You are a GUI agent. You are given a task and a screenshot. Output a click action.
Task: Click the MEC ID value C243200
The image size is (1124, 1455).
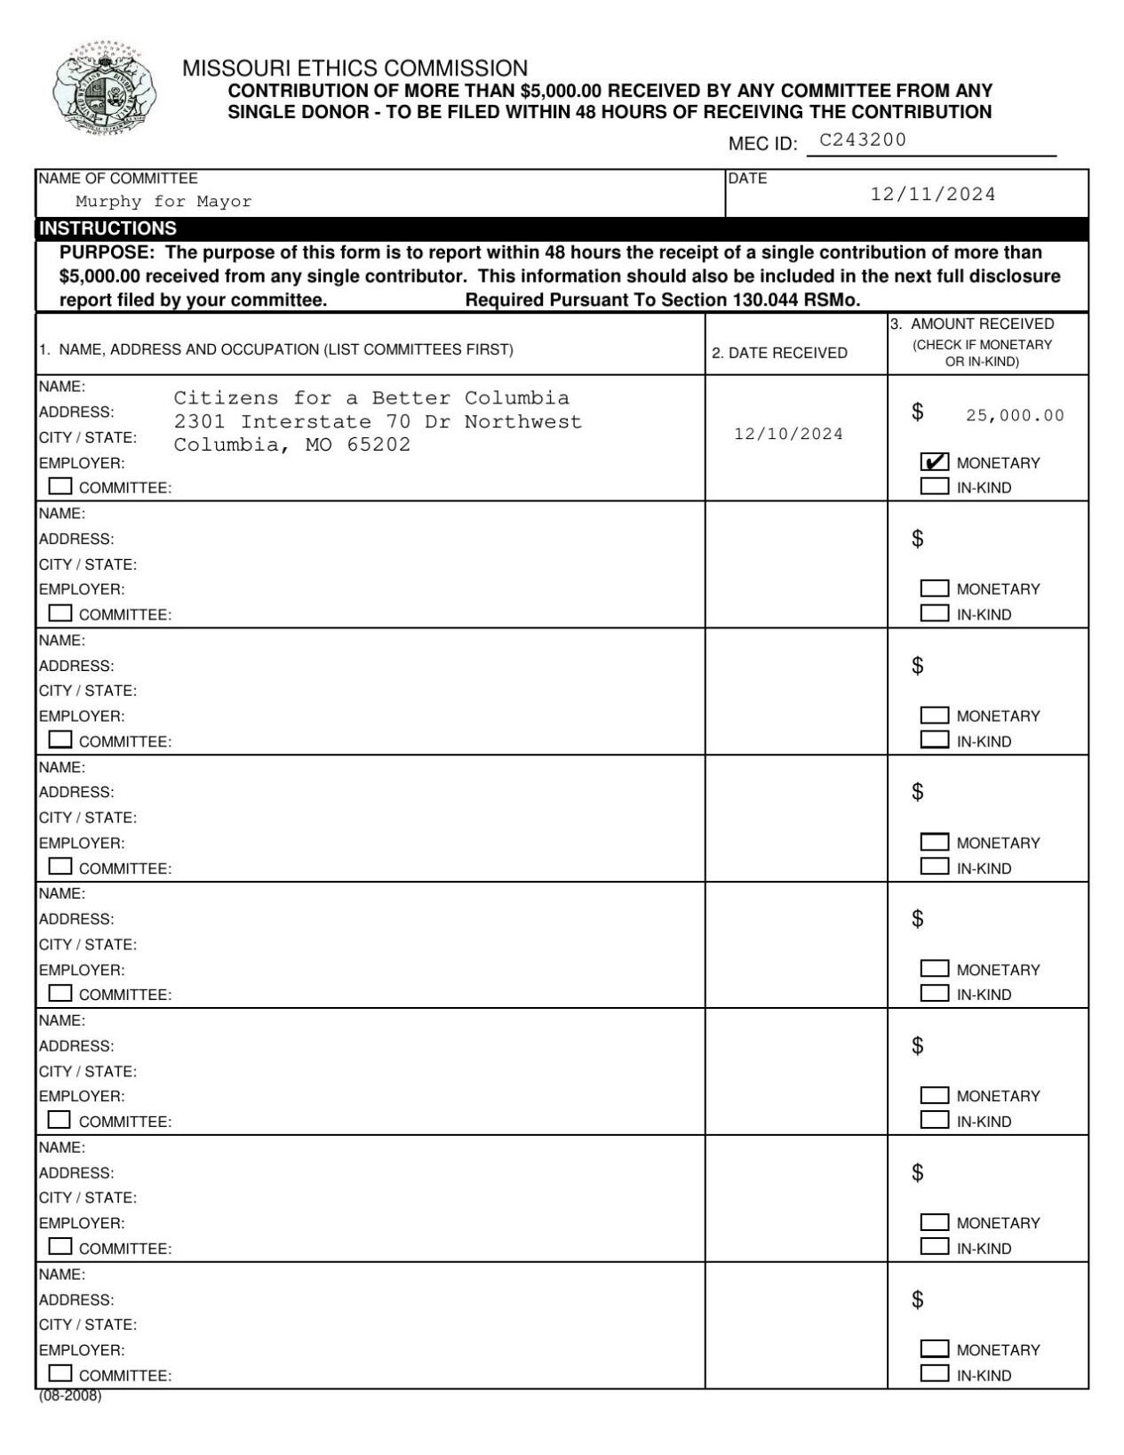[862, 140]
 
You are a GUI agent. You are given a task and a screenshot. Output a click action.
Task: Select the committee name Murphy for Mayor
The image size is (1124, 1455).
[163, 202]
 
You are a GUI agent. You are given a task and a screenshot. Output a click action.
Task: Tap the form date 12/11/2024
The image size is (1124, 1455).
[933, 194]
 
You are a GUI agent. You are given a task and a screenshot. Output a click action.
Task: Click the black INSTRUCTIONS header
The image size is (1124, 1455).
[108, 228]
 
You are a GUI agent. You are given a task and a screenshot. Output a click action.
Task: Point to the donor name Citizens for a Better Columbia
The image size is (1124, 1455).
[371, 397]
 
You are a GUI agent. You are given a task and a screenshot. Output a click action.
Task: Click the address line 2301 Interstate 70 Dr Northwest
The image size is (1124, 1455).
[378, 421]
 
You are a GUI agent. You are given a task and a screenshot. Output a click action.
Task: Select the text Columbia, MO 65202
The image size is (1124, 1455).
[292, 444]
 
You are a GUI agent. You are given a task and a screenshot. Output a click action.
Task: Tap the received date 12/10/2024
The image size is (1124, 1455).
[788, 434]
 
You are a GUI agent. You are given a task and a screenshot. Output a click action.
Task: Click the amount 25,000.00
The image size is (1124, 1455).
[1015, 415]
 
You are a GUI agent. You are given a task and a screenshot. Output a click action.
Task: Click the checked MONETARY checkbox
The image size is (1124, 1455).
[934, 462]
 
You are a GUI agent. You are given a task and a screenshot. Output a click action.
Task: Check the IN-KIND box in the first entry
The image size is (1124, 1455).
[934, 486]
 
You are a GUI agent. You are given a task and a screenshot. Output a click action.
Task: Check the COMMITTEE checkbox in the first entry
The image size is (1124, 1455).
[60, 486]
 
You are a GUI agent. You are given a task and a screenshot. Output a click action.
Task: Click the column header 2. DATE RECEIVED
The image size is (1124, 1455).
[779, 353]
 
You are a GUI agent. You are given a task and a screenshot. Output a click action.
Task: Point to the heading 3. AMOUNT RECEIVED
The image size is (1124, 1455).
[972, 324]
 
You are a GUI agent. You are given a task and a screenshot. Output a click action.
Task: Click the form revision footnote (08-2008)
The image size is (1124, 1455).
[70, 1395]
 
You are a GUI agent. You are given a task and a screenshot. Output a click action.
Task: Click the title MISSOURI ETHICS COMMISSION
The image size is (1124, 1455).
[355, 68]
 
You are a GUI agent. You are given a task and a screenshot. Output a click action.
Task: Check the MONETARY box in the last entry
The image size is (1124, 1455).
[934, 1348]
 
